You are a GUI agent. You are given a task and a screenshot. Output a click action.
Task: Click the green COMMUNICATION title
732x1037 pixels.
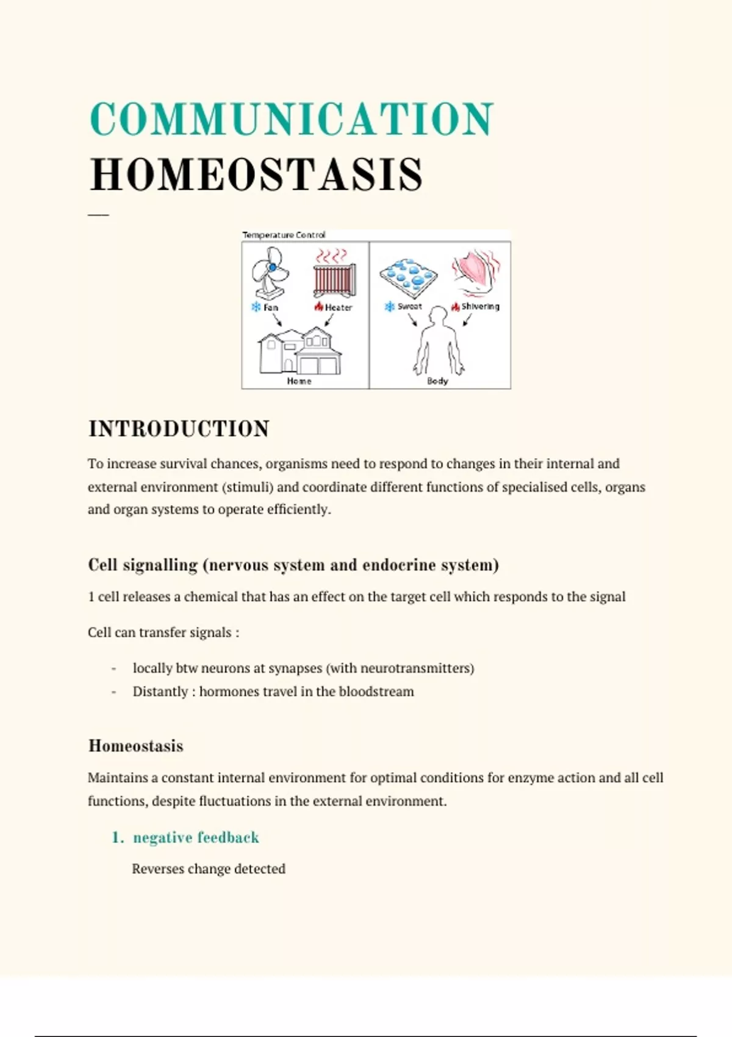coord(292,119)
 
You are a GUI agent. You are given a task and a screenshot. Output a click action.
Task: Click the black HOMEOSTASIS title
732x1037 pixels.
coord(256,175)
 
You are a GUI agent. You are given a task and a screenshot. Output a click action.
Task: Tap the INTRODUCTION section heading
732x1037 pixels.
coord(179,429)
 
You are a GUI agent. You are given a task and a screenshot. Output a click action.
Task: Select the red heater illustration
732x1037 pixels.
coord(334,278)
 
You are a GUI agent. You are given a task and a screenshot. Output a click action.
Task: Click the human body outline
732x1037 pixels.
coord(438,342)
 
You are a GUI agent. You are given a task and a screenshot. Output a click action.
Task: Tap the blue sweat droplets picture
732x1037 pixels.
coord(407,276)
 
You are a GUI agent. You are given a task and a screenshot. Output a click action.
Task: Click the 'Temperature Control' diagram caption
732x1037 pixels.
coord(284,235)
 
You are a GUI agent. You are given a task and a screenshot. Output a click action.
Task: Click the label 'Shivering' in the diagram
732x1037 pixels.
coord(480,306)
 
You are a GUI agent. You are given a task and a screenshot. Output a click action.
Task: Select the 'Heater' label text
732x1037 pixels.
coord(339,307)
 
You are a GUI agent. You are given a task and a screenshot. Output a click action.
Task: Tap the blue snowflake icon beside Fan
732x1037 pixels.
coord(256,307)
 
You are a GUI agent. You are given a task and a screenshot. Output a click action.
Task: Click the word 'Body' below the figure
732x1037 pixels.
coord(437,381)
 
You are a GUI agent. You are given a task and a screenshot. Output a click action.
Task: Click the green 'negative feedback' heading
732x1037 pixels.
coord(196,838)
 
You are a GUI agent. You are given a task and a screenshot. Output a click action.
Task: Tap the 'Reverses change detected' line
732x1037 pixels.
coord(209,869)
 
